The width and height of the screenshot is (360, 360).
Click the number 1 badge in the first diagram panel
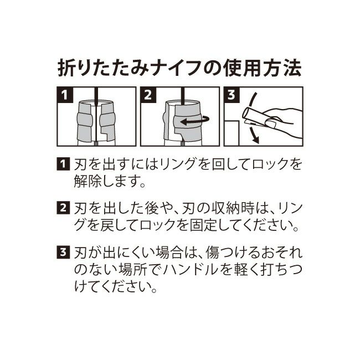(x=65, y=95)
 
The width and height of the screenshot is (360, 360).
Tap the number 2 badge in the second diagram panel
(x=148, y=95)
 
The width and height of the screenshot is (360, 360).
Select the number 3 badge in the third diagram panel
(x=232, y=95)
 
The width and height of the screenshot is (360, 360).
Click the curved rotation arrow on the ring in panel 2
(x=195, y=121)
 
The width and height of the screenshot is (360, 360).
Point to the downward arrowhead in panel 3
(x=255, y=138)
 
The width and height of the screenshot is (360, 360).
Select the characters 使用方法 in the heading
(x=262, y=68)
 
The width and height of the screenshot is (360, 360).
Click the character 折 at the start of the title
(x=66, y=68)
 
